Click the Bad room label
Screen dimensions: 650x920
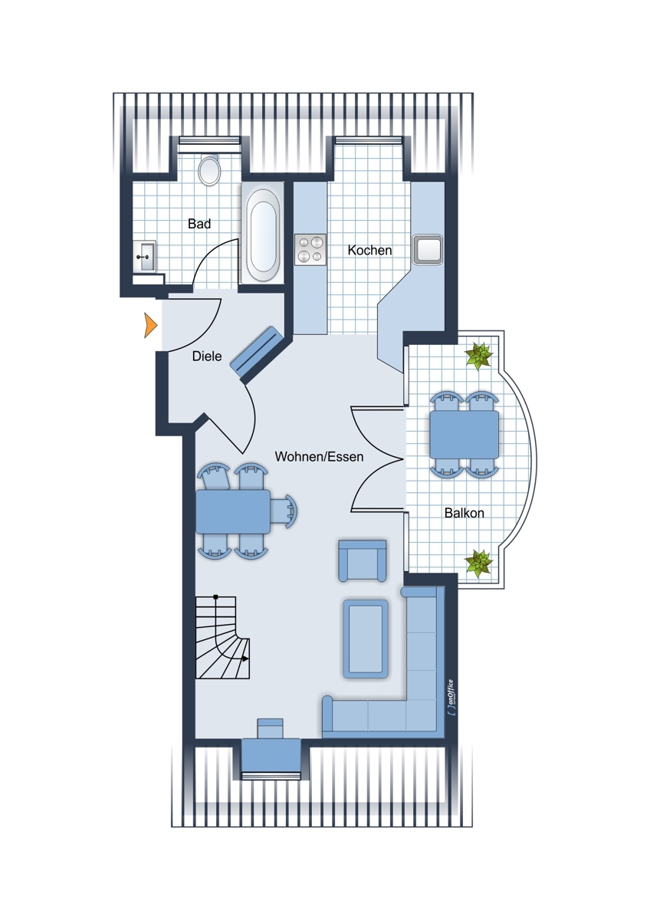(x=199, y=224)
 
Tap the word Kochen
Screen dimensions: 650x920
(x=369, y=250)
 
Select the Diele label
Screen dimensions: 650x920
(x=207, y=356)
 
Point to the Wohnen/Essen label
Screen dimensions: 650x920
(x=320, y=456)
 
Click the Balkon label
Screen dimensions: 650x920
(x=464, y=513)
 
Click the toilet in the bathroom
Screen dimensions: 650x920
(x=209, y=170)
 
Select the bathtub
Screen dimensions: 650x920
(x=262, y=233)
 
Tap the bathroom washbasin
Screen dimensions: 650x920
(x=145, y=256)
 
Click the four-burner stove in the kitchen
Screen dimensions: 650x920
(x=310, y=249)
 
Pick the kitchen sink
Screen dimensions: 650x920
(x=428, y=249)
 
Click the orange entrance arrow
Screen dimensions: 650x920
(x=150, y=325)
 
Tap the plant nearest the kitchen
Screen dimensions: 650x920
(x=478, y=356)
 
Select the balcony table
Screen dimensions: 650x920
(x=465, y=435)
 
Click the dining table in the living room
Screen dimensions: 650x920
(x=233, y=511)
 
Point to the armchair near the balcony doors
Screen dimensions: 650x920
(x=363, y=561)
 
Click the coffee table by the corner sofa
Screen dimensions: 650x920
(x=366, y=645)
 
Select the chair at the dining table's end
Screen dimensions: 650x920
(x=284, y=511)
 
